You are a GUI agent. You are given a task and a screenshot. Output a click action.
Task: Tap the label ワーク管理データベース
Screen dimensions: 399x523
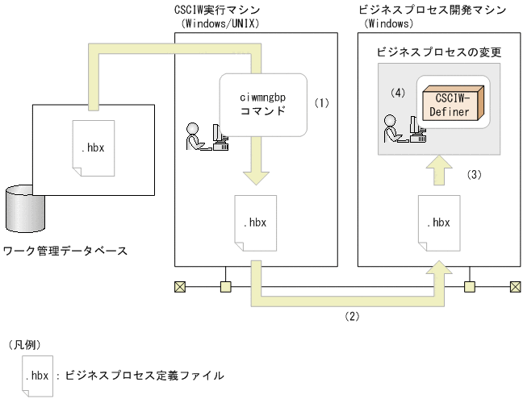pos(65,251)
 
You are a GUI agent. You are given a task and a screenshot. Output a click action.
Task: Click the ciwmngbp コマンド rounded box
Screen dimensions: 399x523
pos(263,105)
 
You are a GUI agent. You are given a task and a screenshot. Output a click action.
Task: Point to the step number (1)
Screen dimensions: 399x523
pos(322,103)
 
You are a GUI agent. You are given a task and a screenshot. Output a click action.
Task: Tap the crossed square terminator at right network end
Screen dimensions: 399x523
pos(514,286)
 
